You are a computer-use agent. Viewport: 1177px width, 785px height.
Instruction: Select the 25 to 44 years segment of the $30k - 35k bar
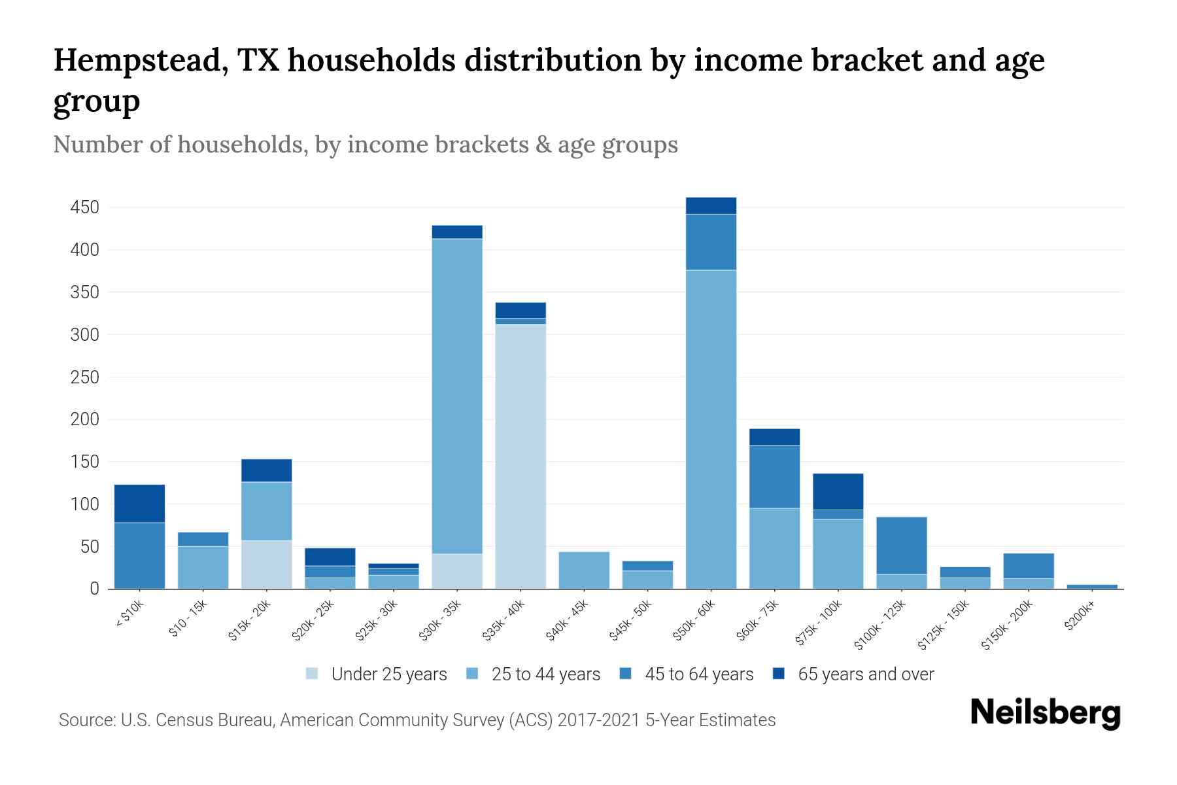tap(457, 396)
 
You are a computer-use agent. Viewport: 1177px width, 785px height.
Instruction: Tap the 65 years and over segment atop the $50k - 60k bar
tap(711, 205)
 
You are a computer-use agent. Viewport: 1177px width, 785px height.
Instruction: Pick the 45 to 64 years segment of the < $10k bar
tap(139, 555)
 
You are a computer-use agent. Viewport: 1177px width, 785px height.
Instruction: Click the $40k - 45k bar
tap(584, 570)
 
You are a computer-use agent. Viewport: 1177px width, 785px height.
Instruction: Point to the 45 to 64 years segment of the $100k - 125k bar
tap(902, 546)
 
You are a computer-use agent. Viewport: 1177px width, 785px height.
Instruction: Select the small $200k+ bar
tap(1092, 586)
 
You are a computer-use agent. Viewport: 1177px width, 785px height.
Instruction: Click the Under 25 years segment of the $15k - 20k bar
tap(266, 564)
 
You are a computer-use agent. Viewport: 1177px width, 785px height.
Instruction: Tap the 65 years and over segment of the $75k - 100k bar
tap(838, 491)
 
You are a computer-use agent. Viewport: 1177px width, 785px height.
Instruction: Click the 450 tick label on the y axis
tap(85, 208)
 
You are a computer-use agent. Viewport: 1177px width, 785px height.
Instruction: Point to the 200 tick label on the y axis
tap(85, 419)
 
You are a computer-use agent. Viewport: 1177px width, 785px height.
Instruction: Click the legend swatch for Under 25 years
tap(313, 674)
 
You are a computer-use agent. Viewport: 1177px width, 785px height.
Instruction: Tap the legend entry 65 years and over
tap(865, 674)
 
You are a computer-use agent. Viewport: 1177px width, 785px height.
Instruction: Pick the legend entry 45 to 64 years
tap(698, 674)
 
